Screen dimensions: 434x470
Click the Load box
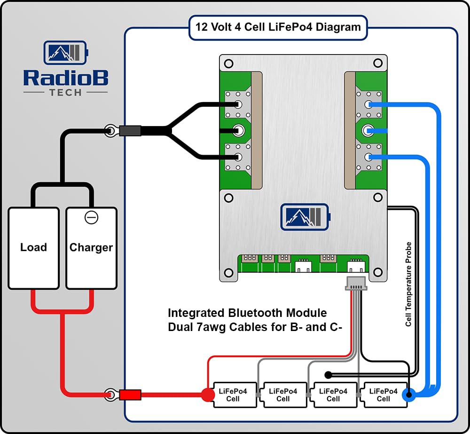point(33,248)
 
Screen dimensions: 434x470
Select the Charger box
point(91,248)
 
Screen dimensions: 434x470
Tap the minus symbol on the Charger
point(91,218)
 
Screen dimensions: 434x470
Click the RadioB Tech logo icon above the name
point(66,53)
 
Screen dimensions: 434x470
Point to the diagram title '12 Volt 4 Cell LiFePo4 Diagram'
point(278,26)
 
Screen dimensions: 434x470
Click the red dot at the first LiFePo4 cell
point(207,395)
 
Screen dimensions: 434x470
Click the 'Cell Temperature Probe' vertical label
point(408,284)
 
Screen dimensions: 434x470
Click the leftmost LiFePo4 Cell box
point(233,395)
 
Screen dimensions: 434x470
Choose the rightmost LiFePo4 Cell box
point(383,395)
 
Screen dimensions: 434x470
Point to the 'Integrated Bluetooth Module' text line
point(247,313)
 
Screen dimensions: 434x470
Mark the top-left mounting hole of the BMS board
point(229,63)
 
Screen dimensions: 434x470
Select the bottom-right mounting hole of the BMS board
point(377,272)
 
